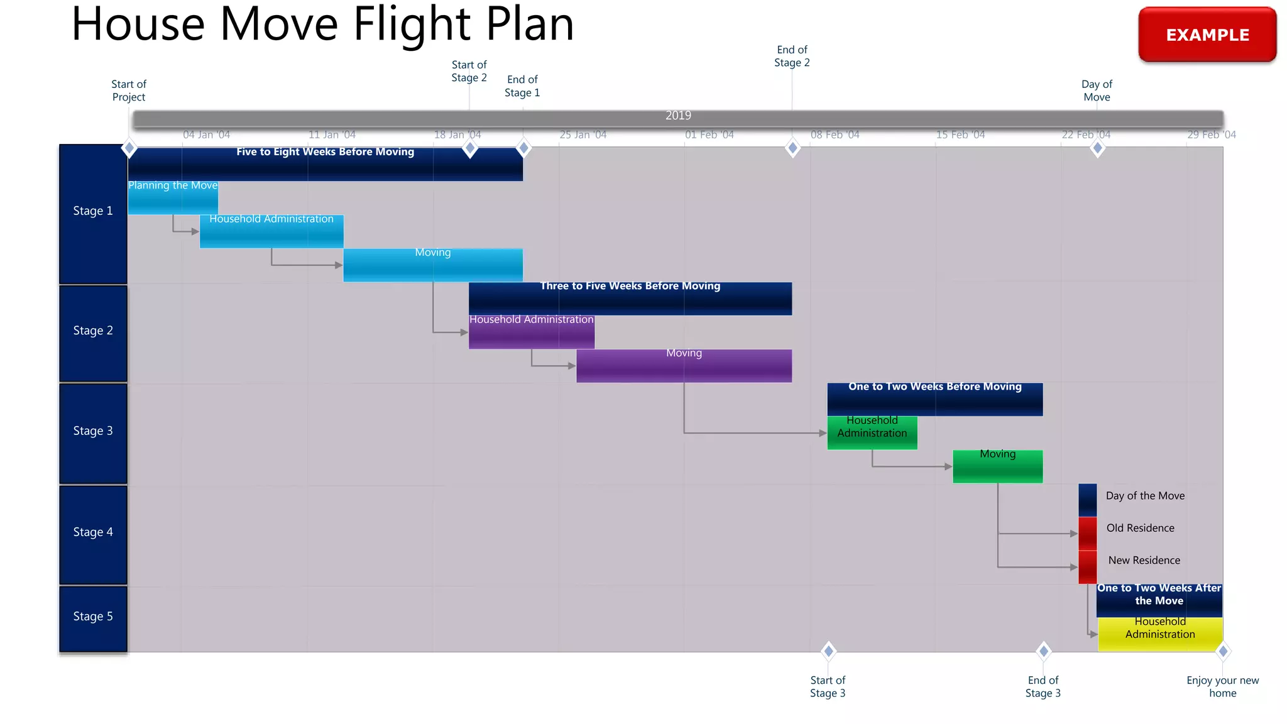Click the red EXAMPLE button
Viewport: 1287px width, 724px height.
[x=1207, y=35]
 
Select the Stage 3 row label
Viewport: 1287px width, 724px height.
[x=93, y=431]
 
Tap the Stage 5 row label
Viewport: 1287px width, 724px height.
[x=93, y=617]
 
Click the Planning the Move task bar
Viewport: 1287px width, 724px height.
[x=173, y=198]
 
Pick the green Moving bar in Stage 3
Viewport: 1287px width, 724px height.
[x=997, y=466]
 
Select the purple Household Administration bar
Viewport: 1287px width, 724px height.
[x=532, y=332]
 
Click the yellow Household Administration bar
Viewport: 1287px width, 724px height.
[x=1160, y=633]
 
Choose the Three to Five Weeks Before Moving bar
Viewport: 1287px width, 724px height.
[x=630, y=299]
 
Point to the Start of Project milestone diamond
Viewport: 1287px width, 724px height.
[x=129, y=148]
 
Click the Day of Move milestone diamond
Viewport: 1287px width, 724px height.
[x=1097, y=148]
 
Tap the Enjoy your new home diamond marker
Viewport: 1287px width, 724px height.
[x=1223, y=651]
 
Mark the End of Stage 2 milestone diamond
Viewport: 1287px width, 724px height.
[x=792, y=148]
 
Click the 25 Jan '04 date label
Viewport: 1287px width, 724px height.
[x=583, y=134]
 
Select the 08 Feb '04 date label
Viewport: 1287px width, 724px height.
[x=835, y=134]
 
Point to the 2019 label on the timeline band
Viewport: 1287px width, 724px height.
[x=678, y=116]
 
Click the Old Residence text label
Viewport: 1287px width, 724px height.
[x=1140, y=528]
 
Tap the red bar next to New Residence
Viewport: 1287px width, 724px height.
[x=1087, y=567]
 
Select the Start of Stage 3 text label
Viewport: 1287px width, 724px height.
[x=828, y=686]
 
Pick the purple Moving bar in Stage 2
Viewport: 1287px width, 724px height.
[x=684, y=366]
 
